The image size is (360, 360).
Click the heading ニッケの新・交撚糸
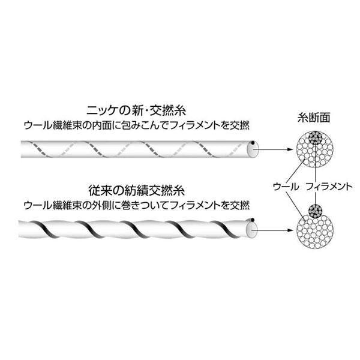(136, 110)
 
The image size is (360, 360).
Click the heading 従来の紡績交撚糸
(136, 191)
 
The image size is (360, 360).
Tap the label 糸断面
(314, 118)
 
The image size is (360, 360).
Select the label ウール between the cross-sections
(286, 187)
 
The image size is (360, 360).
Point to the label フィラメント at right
(329, 187)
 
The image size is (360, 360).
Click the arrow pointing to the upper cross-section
(273, 149)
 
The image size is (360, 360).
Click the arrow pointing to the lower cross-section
(273, 230)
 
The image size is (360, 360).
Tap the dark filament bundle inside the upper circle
(316, 138)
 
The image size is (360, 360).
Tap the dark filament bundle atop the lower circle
(316, 211)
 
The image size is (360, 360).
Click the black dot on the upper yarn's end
(253, 143)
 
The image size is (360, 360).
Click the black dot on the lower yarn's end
(253, 220)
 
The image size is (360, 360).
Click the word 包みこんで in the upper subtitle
(142, 125)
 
